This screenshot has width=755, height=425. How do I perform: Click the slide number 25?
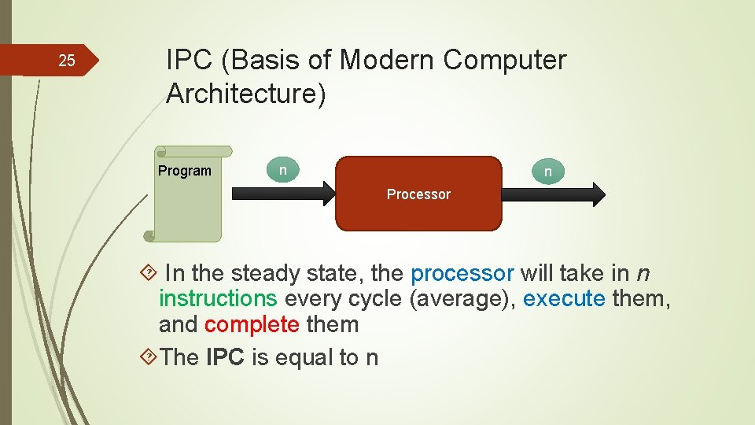(68, 61)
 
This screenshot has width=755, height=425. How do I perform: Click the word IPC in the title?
(189, 60)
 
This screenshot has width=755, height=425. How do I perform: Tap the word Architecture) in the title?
(246, 94)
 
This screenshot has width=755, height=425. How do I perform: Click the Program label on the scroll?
(185, 171)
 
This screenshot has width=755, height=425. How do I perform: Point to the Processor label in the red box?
(418, 194)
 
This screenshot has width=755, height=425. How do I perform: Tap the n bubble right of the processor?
(548, 171)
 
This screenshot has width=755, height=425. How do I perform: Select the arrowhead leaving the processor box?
(597, 194)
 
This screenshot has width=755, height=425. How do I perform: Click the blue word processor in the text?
(462, 274)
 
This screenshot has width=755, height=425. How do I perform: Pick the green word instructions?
(218, 299)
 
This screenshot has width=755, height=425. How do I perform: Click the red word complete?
(252, 325)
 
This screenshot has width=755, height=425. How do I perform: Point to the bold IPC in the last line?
(226, 358)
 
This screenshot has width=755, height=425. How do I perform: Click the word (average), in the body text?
(462, 299)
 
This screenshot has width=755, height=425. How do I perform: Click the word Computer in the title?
(506, 60)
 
